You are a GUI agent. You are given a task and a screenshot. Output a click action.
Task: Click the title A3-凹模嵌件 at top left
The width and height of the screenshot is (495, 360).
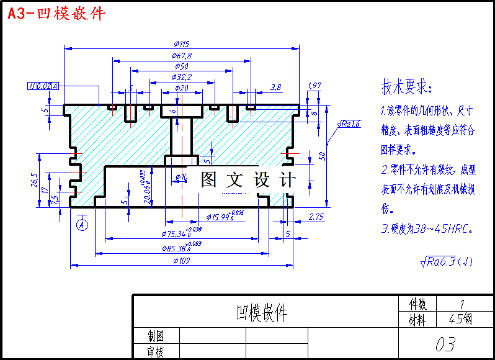click(x=56, y=13)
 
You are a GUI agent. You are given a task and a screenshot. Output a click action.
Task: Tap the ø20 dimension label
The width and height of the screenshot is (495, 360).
click(x=181, y=88)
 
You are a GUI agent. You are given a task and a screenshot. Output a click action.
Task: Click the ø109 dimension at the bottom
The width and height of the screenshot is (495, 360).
click(x=181, y=261)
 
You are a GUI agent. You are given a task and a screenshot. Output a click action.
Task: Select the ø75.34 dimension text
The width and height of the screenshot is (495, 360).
click(x=182, y=233)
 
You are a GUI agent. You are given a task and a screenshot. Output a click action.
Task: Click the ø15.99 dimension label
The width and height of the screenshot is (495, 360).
click(x=224, y=217)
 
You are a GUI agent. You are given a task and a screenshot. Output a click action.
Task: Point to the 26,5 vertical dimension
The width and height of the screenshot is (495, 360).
click(x=34, y=180)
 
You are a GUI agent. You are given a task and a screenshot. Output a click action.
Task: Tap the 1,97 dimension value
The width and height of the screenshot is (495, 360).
click(x=314, y=85)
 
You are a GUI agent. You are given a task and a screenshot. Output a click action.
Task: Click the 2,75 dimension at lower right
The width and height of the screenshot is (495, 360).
click(x=316, y=217)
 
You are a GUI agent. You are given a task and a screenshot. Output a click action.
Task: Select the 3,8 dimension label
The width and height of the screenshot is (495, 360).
click(x=276, y=88)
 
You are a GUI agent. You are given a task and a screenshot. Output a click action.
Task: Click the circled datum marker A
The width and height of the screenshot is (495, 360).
click(x=82, y=225)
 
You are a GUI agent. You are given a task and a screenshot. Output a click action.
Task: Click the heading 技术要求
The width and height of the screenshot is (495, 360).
click(x=406, y=87)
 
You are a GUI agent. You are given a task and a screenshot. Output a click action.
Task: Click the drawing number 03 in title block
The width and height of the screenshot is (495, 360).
click(x=445, y=343)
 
